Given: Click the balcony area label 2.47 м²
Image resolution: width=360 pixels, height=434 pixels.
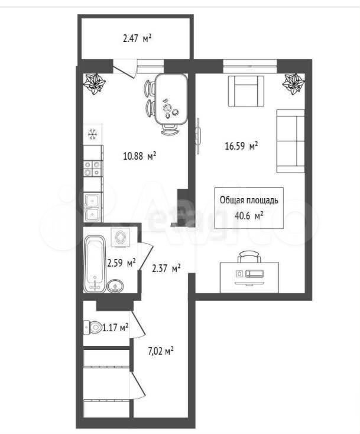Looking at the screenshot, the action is coord(137,38).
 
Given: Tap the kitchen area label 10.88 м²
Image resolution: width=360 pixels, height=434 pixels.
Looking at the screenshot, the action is coord(140,156).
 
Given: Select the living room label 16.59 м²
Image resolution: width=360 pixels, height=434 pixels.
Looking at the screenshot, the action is coord(242,145).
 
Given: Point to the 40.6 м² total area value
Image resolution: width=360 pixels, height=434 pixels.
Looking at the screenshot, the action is coord(249,215).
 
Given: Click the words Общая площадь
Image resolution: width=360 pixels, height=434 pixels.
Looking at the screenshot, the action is coord(249,200).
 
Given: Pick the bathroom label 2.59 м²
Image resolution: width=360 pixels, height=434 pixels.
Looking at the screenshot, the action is coord(121,263).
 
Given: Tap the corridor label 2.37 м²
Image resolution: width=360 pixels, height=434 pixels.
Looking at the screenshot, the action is coord(167,268).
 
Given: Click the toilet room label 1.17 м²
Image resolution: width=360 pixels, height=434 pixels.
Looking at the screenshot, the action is coord(115,328).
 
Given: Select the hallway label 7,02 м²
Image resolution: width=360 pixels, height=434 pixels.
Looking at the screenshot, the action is coord(161,352).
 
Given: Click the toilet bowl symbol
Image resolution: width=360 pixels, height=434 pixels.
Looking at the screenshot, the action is coord(93,328).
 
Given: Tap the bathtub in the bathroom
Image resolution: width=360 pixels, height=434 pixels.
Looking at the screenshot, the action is coord(95,264).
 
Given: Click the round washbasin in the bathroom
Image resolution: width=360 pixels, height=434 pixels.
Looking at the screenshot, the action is coord(115,286).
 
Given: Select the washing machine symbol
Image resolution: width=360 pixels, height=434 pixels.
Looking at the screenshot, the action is coord(121,237).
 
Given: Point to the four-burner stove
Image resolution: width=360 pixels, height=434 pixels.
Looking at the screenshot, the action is coord(92,169).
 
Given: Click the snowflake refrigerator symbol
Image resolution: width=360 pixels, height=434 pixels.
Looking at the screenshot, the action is coord(93,134).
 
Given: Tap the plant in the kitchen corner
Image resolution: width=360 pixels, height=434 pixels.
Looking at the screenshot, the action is coord(95,84).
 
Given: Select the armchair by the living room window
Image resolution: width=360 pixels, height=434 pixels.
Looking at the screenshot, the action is coord(246,91).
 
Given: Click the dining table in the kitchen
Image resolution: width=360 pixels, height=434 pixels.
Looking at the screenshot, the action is coord(171,99).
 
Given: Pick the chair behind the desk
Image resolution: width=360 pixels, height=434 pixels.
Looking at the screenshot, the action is coord(249,256).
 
